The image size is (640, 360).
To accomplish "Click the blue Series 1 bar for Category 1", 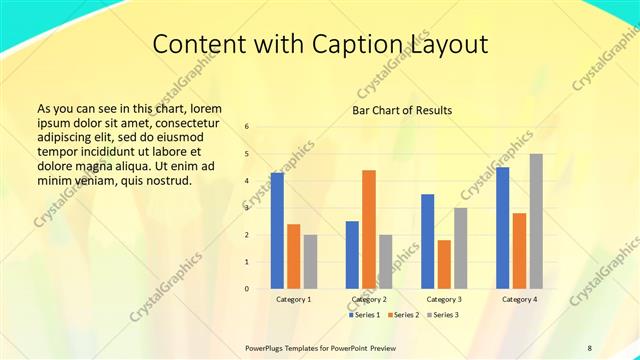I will coord(277,230).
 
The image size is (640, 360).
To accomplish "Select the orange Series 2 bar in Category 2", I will coord(368,229).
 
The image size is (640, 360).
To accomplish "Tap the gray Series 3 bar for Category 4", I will coord(535,221).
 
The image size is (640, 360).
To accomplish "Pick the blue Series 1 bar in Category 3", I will coord(427,241).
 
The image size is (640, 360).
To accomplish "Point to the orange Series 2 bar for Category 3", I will coord(443,264).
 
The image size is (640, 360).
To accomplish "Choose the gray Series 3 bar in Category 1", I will coord(310,261).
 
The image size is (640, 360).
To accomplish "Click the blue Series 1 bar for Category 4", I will coord(502,227).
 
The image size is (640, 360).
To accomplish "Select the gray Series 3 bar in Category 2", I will coord(385,261).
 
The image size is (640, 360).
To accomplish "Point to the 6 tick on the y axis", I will coord(247,126).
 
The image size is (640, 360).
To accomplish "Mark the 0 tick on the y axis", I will coord(247,289).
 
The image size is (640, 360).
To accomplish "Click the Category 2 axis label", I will coord(369,299).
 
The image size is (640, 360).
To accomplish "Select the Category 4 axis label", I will coord(519,299).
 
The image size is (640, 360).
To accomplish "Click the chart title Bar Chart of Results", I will coord(403,110).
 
